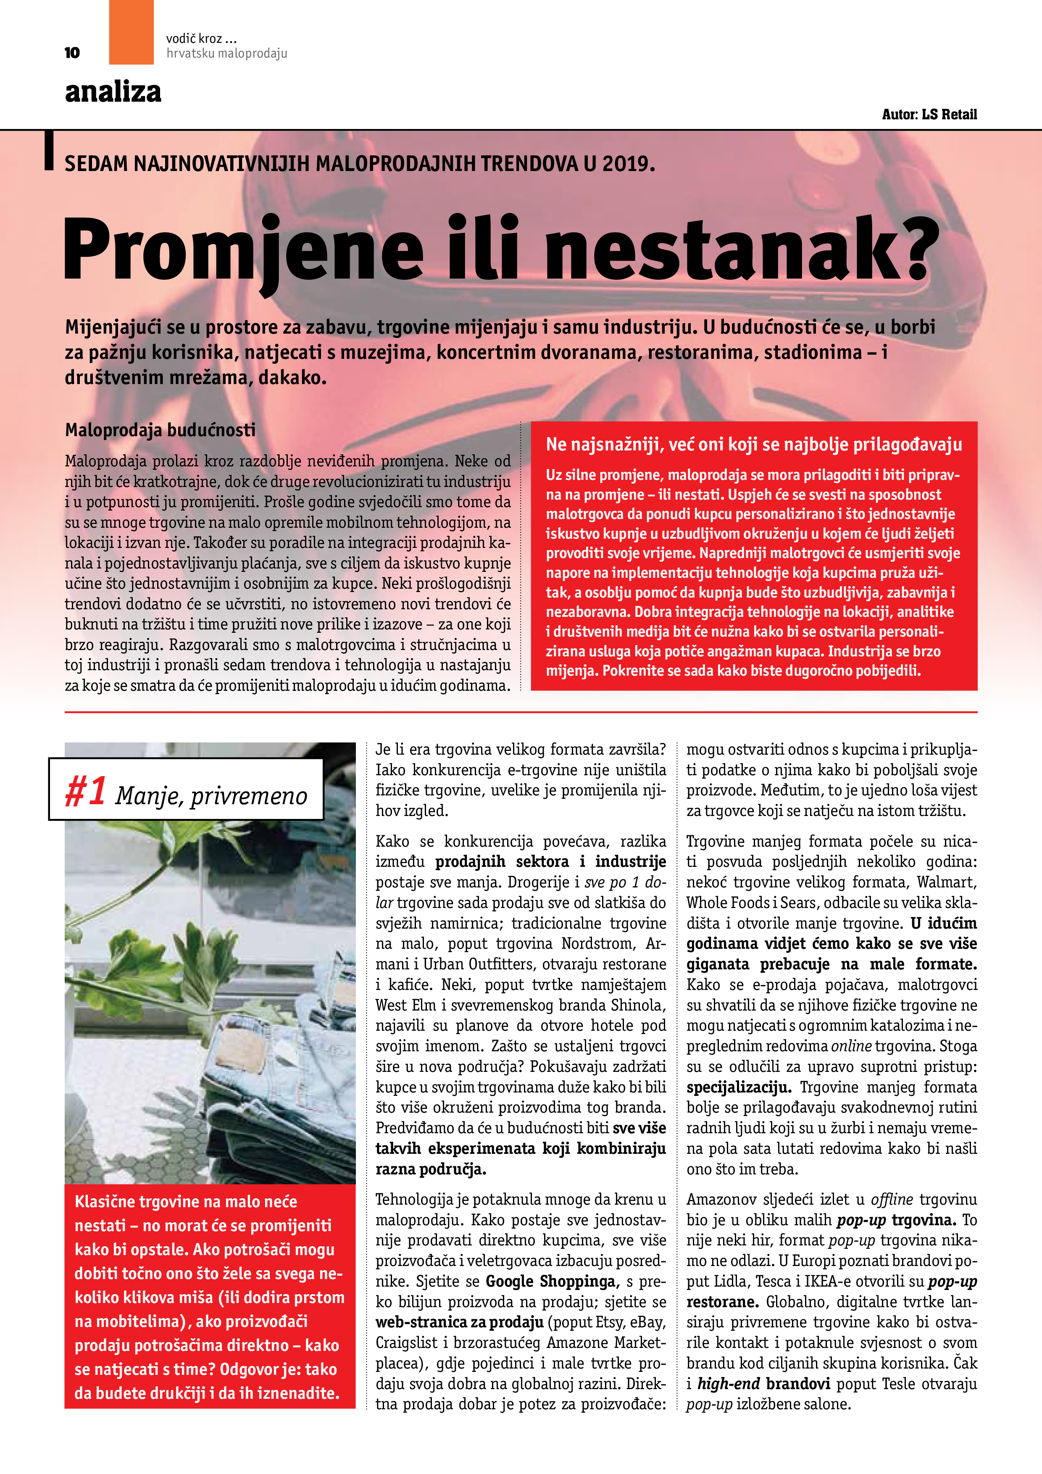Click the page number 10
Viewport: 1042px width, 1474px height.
pyautogui.click(x=72, y=53)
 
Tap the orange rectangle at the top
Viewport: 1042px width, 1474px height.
pyautogui.click(x=131, y=32)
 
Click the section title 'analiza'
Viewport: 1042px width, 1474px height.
pyautogui.click(x=113, y=92)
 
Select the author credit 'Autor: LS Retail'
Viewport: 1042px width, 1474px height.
pyautogui.click(x=929, y=115)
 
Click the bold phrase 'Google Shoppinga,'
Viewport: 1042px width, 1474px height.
pyautogui.click(x=552, y=1282)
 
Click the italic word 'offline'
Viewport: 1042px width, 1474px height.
pyautogui.click(x=892, y=1199)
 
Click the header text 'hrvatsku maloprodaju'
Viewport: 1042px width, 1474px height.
pyautogui.click(x=226, y=54)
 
